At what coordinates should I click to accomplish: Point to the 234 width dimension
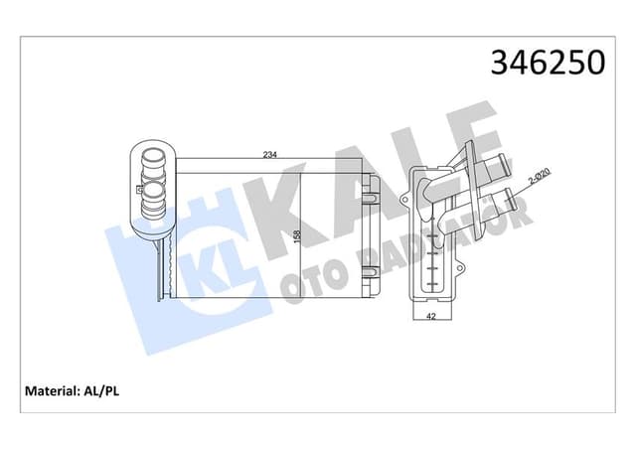click(x=268, y=154)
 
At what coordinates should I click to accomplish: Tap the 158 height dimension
click(x=296, y=238)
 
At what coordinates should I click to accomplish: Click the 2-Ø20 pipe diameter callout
click(x=540, y=179)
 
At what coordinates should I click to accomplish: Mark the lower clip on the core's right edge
click(x=371, y=277)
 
